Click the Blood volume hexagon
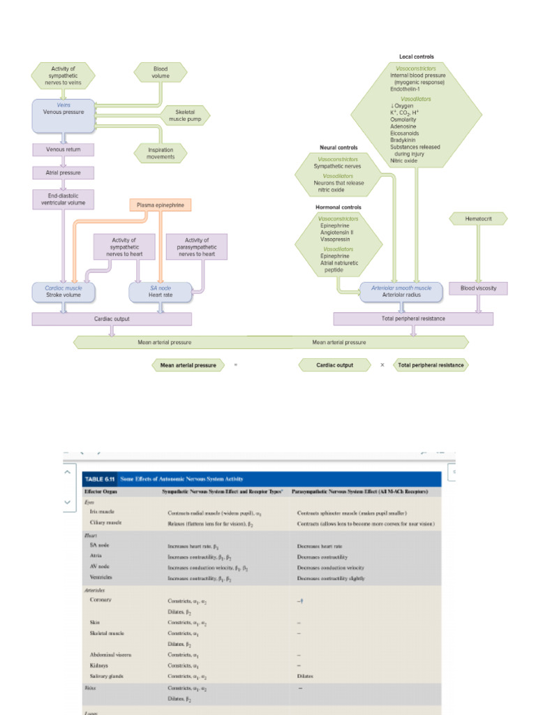pyautogui.click(x=161, y=73)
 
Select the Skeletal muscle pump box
pyautogui.click(x=186, y=116)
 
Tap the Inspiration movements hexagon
pyautogui.click(x=161, y=154)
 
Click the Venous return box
pyautogui.click(x=63, y=149)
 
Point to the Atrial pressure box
pyautogui.click(x=63, y=172)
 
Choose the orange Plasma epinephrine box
pyautogui.click(x=161, y=205)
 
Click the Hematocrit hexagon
pyautogui.click(x=479, y=219)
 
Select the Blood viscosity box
pyautogui.click(x=479, y=288)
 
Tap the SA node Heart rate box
pyautogui.click(x=160, y=291)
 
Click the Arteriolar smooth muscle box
pyautogui.click(x=401, y=291)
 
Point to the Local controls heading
pyautogui.click(x=416, y=57)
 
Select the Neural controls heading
pyautogui.click(x=338, y=147)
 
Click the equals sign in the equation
pyautogui.click(x=236, y=365)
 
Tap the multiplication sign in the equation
pyautogui.click(x=383, y=365)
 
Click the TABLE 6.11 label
pyautogui.click(x=100, y=479)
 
